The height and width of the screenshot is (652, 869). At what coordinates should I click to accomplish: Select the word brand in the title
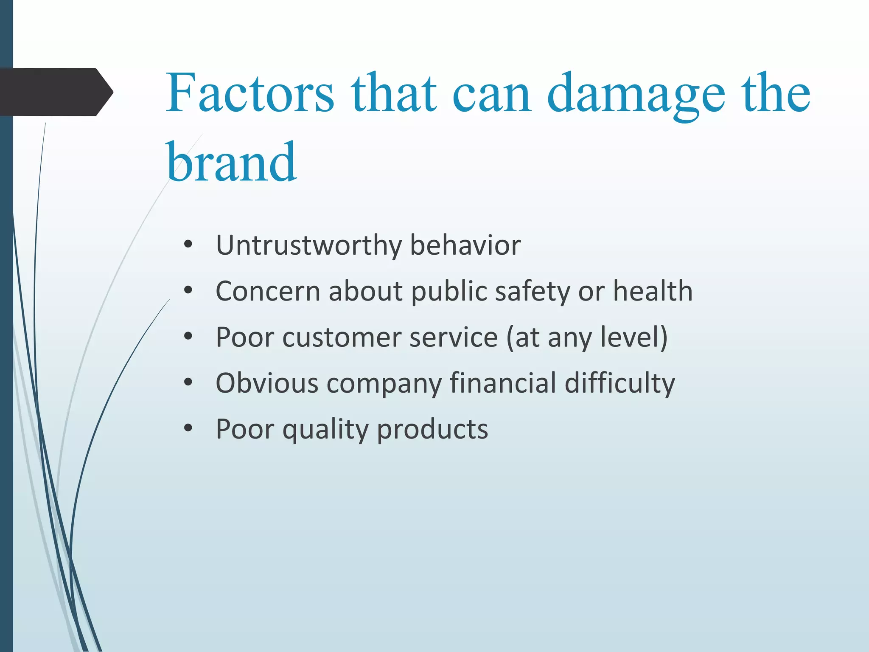coord(231,163)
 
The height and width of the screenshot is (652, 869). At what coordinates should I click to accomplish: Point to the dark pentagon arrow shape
coord(55,92)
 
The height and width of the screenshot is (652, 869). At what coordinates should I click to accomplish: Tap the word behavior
coord(465,245)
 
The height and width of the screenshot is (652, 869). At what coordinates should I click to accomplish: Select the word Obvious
coord(267,383)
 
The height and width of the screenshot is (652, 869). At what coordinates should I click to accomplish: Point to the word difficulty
coord(620,384)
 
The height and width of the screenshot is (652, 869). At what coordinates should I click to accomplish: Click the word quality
coord(325,430)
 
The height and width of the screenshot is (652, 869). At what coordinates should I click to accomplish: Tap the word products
coord(432,430)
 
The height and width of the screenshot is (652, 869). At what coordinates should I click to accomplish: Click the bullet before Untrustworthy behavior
coord(188,245)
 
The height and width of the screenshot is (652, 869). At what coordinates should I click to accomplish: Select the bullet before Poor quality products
coord(188,428)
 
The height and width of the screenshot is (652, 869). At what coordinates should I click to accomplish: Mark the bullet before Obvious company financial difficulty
coord(188,382)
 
